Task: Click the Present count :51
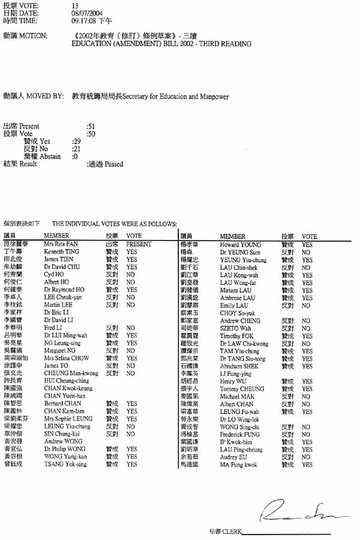(91, 127)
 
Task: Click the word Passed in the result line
(114, 164)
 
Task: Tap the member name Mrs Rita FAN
(60, 244)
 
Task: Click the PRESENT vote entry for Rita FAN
(139, 244)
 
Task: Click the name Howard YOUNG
(240, 245)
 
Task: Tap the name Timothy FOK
(237, 336)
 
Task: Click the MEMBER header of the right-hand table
(233, 236)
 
